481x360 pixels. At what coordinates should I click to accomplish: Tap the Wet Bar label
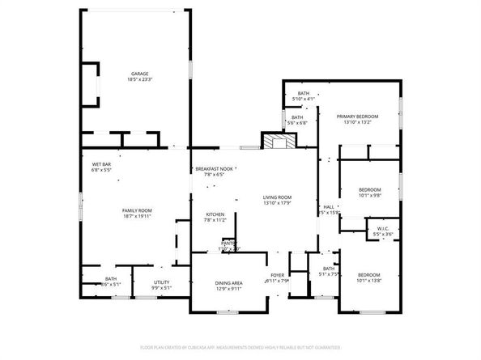coord(102,167)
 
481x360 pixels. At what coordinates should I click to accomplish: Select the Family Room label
coord(137,214)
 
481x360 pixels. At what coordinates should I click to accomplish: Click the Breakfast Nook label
coord(213,172)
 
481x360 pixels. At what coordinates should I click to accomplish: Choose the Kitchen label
coord(203,218)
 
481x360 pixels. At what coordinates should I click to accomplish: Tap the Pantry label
coord(230,245)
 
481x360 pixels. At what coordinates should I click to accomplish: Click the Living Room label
coord(277,200)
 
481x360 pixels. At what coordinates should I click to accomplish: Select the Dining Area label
coord(229,286)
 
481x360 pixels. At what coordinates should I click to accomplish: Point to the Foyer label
coord(278,277)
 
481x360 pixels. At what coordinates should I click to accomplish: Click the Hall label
coord(329,210)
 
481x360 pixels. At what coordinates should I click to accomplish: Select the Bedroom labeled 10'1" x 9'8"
coord(369,192)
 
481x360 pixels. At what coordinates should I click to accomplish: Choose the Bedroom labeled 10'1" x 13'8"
coord(369,277)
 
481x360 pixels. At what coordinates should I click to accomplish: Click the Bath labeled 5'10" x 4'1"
coord(304,96)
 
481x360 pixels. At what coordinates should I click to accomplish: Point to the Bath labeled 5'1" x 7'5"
coord(328,272)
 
